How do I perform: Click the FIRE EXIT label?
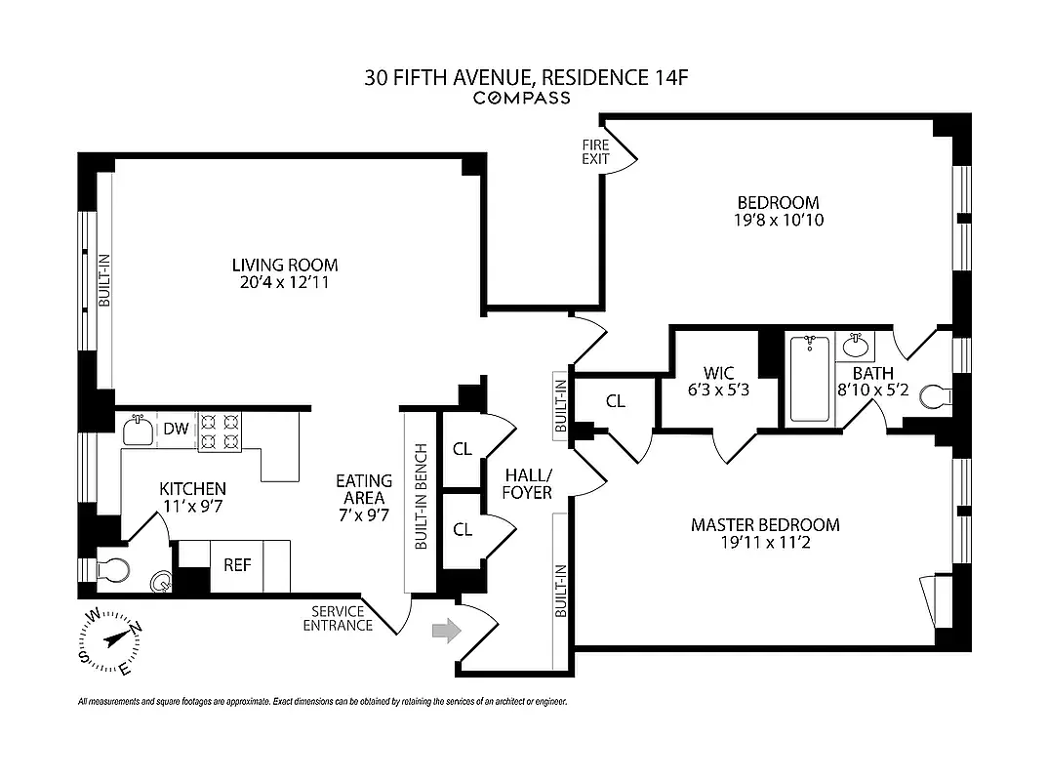pyautogui.click(x=596, y=151)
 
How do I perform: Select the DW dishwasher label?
pyautogui.click(x=176, y=428)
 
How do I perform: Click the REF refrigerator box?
pyautogui.click(x=238, y=564)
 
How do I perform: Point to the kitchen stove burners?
pyautogui.click(x=220, y=432)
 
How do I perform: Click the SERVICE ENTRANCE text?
pyautogui.click(x=338, y=618)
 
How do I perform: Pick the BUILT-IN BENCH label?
pyautogui.click(x=422, y=499)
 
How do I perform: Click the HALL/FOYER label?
pyautogui.click(x=528, y=483)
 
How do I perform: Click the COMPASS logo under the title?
pyautogui.click(x=522, y=98)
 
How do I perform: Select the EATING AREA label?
pyautogui.click(x=363, y=498)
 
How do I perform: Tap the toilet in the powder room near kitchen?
pyautogui.click(x=110, y=568)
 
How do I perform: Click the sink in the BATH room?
pyautogui.click(x=856, y=345)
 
